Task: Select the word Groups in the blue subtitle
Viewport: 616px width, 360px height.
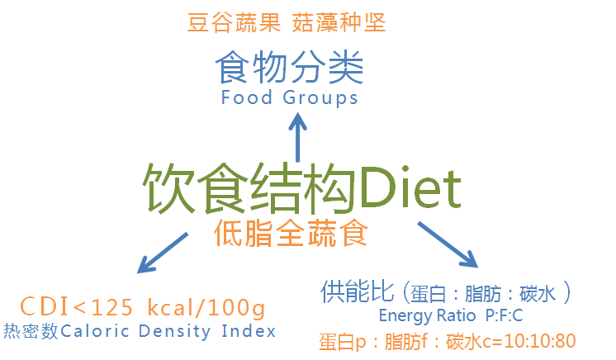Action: [x=320, y=97]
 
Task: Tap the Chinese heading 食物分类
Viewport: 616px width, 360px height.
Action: [x=289, y=69]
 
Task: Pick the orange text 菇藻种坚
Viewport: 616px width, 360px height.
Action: [x=339, y=23]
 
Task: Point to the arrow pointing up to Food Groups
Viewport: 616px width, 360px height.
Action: [x=296, y=136]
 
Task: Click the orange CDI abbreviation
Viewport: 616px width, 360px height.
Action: [x=45, y=308]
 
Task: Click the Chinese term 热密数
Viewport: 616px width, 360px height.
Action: [x=31, y=332]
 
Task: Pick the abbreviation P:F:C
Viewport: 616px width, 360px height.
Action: [x=505, y=315]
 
